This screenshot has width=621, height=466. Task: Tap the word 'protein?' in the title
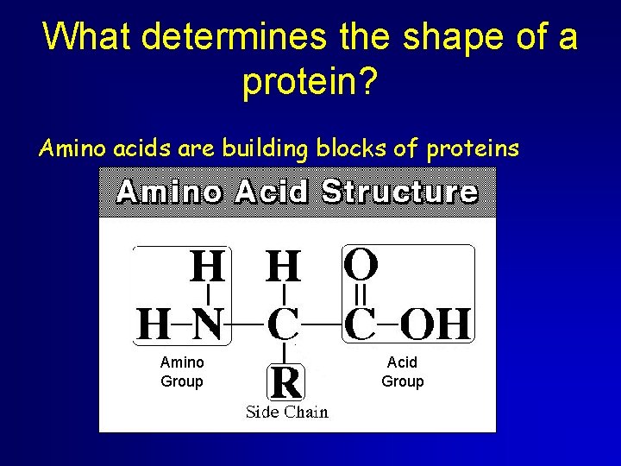click(310, 82)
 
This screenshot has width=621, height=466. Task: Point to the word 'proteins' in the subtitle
click(473, 148)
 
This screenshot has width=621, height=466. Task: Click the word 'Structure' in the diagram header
click(398, 192)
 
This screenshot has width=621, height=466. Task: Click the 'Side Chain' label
click(286, 412)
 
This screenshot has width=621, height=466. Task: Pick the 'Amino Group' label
click(182, 372)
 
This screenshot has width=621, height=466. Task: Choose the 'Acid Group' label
click(402, 372)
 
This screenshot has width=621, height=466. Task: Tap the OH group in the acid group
click(437, 325)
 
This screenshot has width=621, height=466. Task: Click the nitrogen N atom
click(206, 325)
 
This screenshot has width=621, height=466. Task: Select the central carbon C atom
click(284, 325)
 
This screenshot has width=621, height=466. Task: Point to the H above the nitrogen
click(207, 267)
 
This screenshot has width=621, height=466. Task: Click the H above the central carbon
click(284, 267)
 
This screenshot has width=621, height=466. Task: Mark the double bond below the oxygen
click(361, 294)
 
